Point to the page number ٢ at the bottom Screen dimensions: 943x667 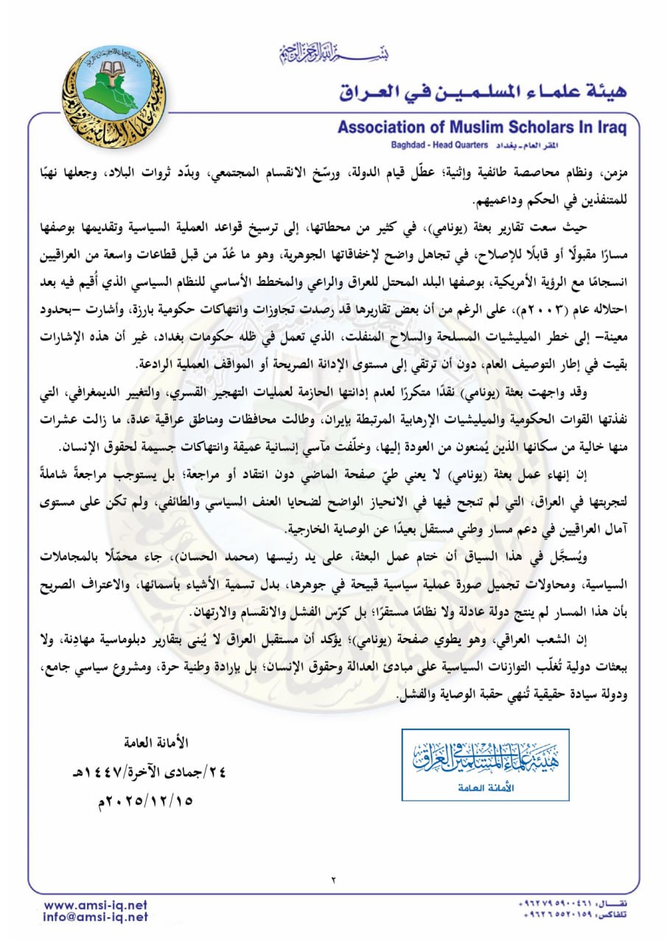pos(333,879)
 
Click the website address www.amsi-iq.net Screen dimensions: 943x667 pos(96,905)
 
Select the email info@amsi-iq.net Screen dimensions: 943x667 pos(96,917)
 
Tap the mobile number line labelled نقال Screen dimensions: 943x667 pos(573,904)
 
